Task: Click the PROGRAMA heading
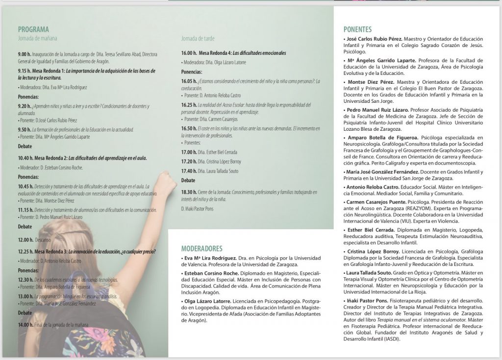coord(33,29)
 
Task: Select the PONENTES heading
coord(357,29)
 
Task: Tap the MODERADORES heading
coord(201,248)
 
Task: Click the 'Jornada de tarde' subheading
coord(198,38)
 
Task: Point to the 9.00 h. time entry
coord(25,54)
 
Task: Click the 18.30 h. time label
coord(189,192)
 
